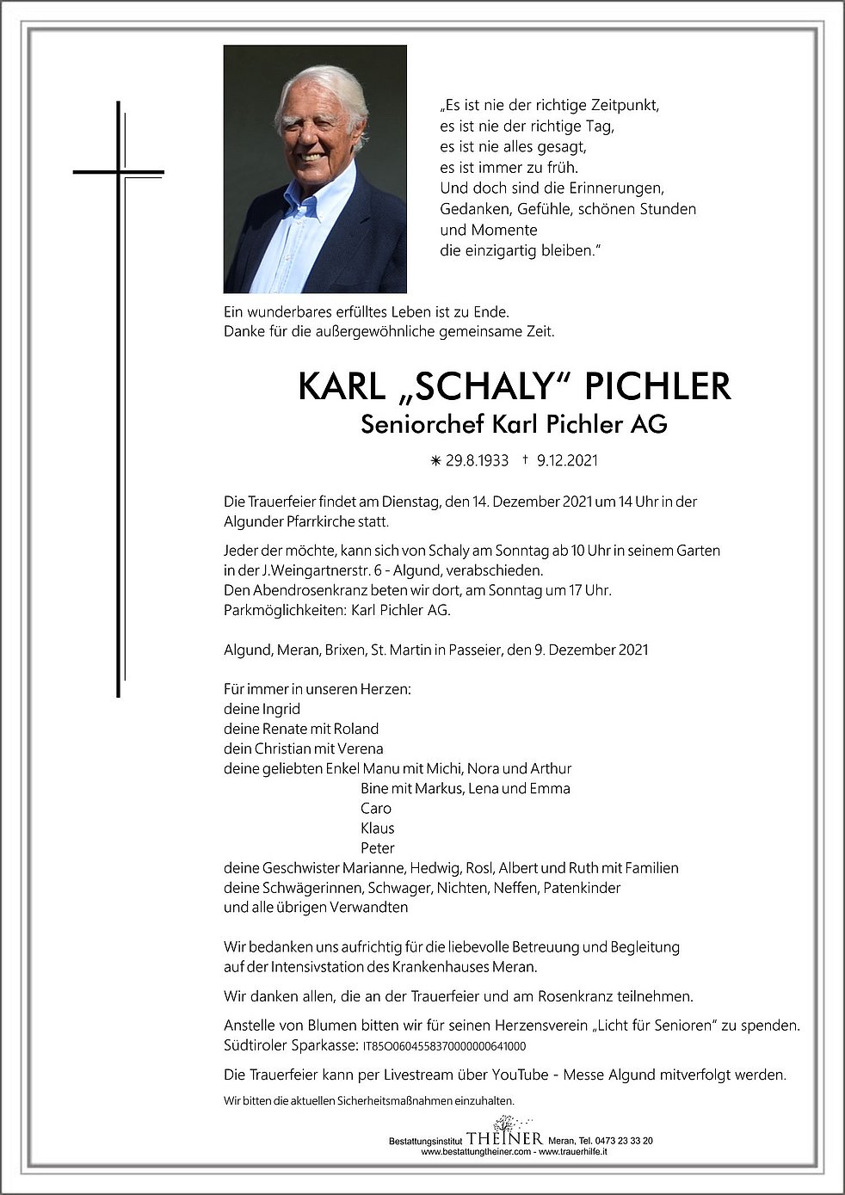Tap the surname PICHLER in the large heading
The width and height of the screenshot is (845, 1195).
pos(657,388)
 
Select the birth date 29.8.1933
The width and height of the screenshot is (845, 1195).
pos(477,460)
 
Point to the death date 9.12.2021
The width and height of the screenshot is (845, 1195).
pos(566,460)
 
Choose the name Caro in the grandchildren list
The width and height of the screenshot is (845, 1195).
pos(376,809)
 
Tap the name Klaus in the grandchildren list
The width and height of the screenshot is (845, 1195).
pos(378,828)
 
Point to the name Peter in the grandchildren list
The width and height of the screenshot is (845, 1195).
pos(378,848)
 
